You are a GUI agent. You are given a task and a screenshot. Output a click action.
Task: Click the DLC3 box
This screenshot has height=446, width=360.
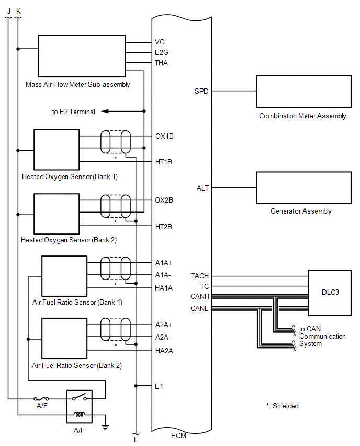click(x=330, y=293)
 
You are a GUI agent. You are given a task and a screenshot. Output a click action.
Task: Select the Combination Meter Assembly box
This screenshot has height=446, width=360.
click(x=303, y=92)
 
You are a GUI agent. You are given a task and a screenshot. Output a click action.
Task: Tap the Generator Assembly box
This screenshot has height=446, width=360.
click(x=303, y=188)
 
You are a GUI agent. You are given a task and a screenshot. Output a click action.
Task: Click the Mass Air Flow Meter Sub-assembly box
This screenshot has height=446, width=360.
click(x=82, y=56)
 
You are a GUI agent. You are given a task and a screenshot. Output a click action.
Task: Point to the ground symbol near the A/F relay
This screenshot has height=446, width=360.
click(x=105, y=427)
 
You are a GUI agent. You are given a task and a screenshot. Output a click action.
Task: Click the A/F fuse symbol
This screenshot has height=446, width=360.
click(x=41, y=399)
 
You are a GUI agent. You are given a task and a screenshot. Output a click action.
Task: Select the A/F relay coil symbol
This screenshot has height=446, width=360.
click(x=80, y=415)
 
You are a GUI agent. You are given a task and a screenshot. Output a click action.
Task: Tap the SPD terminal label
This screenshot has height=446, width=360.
click(x=201, y=91)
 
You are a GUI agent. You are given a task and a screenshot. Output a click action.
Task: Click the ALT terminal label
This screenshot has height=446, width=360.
click(x=203, y=188)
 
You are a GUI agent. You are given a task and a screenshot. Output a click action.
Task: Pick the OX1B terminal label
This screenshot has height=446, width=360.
click(x=164, y=136)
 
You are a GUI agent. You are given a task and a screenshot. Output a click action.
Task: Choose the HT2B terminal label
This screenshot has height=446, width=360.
click(x=163, y=227)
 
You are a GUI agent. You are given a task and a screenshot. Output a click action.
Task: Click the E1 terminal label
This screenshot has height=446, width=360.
click(x=159, y=386)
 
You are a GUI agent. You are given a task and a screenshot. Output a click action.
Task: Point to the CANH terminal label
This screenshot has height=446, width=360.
click(x=199, y=296)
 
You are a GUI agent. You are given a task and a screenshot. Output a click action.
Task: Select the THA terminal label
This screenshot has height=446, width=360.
click(x=161, y=63)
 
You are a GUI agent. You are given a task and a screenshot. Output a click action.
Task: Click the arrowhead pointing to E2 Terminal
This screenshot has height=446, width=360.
click(x=105, y=111)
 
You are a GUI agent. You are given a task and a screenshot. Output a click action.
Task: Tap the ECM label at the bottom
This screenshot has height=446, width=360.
click(x=178, y=436)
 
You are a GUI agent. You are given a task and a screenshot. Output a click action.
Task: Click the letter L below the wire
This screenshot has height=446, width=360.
click(x=136, y=440)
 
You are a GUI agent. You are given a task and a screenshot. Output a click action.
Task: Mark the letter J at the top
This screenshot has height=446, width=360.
click(x=9, y=11)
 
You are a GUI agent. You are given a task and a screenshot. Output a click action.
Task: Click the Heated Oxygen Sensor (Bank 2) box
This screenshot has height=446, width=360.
click(x=57, y=214)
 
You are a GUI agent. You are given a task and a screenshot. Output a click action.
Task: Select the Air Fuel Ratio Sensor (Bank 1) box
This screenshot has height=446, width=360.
click(x=64, y=276)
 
